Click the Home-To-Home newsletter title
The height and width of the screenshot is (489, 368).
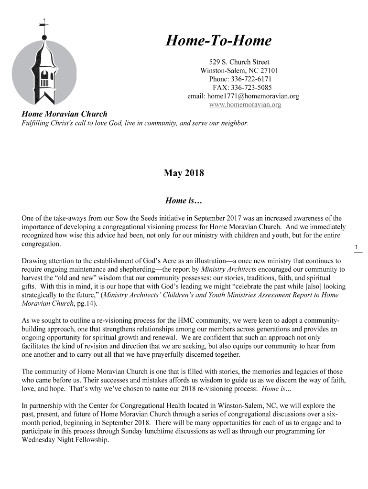click(218, 42)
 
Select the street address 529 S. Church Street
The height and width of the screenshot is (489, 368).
click(239, 62)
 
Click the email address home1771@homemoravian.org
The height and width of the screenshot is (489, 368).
click(253, 96)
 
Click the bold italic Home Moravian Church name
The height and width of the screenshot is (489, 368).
click(65, 114)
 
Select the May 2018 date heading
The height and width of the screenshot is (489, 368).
click(184, 173)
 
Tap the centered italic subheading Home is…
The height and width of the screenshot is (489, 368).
click(184, 201)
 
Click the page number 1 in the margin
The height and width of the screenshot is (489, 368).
click(357, 247)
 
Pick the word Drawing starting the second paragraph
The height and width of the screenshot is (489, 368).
click(35, 261)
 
